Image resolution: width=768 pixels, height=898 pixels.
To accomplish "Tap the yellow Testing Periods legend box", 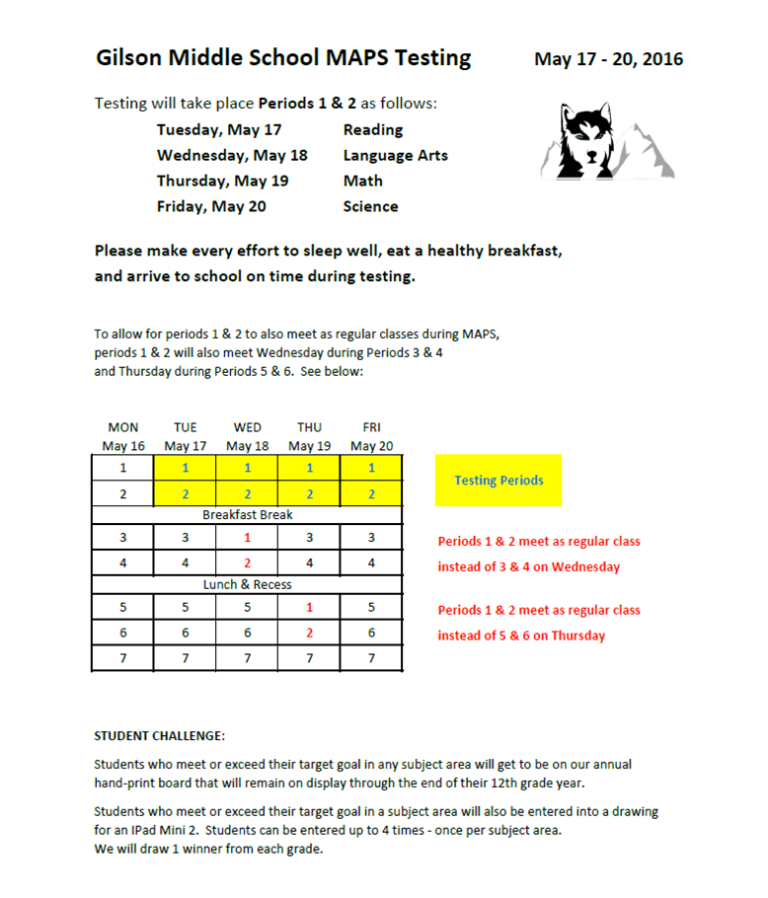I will (x=499, y=481).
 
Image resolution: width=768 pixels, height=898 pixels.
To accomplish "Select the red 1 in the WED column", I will (x=247, y=538).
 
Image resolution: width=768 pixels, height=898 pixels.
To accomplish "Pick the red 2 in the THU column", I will (x=309, y=632).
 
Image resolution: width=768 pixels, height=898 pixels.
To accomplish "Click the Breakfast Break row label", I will (x=247, y=514).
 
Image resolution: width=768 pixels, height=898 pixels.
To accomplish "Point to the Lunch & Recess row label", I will (x=247, y=584).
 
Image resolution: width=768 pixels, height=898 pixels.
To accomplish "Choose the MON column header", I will (x=123, y=427).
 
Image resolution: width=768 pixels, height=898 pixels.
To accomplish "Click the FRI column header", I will (x=371, y=427).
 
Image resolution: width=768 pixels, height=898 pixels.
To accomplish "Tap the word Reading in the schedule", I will (x=372, y=129).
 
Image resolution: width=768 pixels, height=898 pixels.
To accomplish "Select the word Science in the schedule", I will (x=370, y=206).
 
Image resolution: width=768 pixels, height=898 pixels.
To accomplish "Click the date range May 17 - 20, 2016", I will (x=608, y=59).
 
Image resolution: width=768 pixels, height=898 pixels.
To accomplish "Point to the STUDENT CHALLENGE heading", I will (x=159, y=736).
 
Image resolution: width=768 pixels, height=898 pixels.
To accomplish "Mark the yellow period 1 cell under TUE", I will (x=186, y=469).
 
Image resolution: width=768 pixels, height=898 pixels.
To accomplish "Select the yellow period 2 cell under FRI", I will (x=371, y=493).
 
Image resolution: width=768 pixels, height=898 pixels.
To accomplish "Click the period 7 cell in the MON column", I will (x=123, y=656).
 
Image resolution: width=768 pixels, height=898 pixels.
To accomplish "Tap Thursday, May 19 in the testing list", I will (x=222, y=181).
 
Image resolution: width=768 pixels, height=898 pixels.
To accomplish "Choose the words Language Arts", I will (x=395, y=155).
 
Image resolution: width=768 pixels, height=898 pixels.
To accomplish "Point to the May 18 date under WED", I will (x=247, y=446).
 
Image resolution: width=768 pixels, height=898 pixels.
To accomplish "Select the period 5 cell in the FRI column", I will (x=371, y=608).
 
